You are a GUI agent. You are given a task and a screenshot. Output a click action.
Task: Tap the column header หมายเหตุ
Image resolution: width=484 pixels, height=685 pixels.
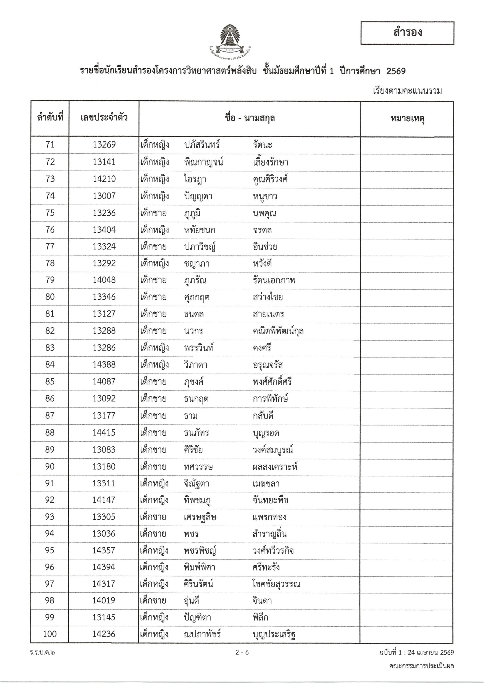click(407, 119)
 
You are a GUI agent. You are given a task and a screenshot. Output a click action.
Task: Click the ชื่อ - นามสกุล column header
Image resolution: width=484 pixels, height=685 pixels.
click(249, 119)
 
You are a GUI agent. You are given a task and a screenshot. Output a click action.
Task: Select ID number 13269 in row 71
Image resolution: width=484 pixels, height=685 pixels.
click(104, 145)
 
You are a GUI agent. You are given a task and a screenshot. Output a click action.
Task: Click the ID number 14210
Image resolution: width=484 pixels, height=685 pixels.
click(104, 179)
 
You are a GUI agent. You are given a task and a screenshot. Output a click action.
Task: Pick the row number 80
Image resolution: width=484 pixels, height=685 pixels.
click(50, 297)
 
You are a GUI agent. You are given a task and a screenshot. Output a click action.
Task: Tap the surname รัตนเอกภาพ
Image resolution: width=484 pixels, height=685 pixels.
click(274, 280)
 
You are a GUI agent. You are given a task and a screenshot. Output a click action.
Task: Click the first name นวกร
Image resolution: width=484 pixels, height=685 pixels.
click(194, 331)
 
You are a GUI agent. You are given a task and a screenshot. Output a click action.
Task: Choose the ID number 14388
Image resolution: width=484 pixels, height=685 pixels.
click(104, 365)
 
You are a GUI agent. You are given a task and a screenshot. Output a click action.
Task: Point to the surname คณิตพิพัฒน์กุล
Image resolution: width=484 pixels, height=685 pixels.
click(278, 331)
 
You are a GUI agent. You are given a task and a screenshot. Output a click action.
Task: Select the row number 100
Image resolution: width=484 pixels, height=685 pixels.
click(49, 634)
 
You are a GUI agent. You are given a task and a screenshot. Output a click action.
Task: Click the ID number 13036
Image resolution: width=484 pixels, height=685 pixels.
click(104, 534)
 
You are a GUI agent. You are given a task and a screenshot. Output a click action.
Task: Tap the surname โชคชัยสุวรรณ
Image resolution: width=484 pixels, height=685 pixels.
click(276, 584)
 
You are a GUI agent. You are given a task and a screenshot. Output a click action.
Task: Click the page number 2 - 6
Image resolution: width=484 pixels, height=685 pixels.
click(242, 652)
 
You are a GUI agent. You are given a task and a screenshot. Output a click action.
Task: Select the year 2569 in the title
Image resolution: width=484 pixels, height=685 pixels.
click(396, 71)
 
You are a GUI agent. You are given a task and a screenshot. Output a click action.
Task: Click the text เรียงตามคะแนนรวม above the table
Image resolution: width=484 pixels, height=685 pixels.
click(407, 91)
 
